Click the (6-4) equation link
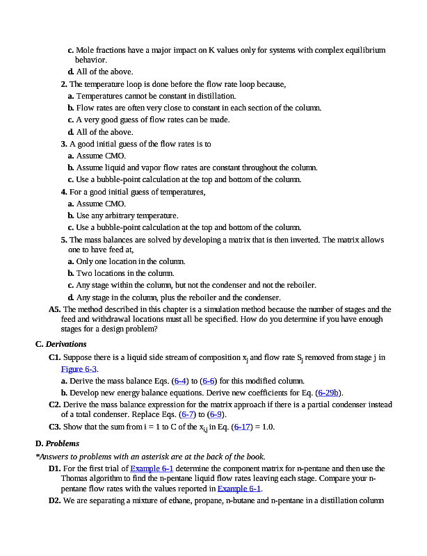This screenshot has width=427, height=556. [x=181, y=381]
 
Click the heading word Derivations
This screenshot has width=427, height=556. [x=66, y=344]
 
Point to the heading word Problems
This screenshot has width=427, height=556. [x=63, y=443]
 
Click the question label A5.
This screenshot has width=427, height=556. [x=54, y=309]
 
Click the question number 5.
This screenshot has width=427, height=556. [x=64, y=239]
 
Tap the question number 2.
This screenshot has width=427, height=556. [x=64, y=84]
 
